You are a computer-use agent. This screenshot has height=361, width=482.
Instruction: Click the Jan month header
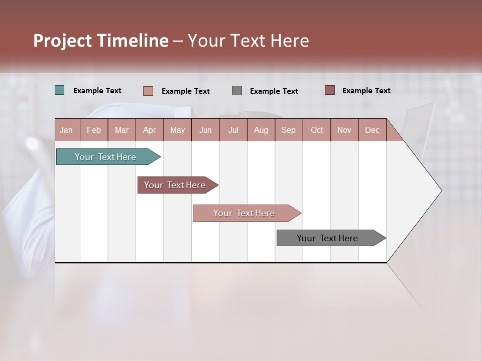[x=66, y=130]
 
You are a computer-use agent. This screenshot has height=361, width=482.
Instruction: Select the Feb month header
[x=94, y=130]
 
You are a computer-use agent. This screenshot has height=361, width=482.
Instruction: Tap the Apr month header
[x=149, y=130]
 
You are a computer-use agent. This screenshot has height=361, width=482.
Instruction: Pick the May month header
[x=177, y=130]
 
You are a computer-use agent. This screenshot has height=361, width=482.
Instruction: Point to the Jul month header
[x=233, y=130]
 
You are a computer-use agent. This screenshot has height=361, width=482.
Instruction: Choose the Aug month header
[x=261, y=130]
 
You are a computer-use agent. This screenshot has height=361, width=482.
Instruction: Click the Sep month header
[x=288, y=130]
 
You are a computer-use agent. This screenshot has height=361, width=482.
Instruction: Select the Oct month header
[x=317, y=130]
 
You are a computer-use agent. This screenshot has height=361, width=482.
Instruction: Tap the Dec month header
[x=372, y=130]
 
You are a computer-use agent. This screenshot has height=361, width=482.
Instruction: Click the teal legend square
[x=59, y=90]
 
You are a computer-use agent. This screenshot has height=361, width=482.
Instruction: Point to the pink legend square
[x=148, y=91]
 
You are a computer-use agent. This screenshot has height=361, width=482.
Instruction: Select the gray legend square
[x=237, y=90]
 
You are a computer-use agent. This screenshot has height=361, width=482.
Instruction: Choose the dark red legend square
[x=329, y=90]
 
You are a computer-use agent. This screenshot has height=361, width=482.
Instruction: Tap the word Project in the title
[x=61, y=41]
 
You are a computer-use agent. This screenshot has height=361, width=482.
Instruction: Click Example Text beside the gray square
[x=274, y=91]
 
